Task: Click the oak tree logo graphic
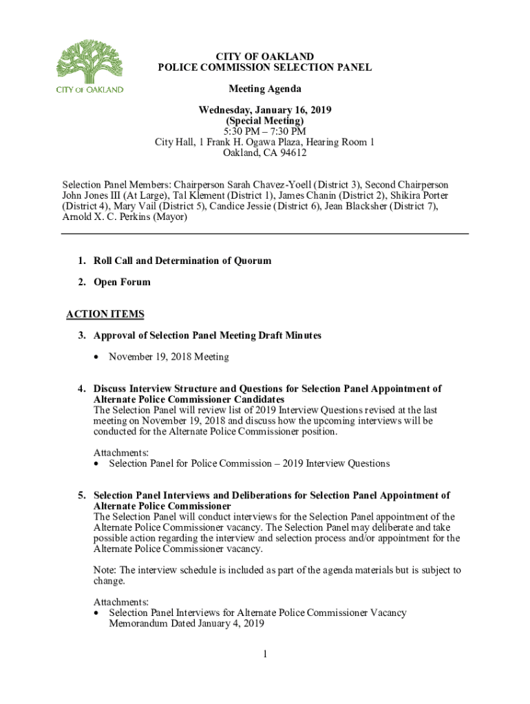click(x=89, y=61)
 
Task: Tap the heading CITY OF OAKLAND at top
click(x=265, y=56)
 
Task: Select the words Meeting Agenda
click(x=265, y=89)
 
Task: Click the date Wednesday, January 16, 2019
click(x=265, y=110)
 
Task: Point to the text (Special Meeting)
click(x=265, y=121)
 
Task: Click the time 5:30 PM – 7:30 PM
click(x=265, y=131)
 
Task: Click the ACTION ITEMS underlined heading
click(x=105, y=315)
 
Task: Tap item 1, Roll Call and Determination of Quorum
click(x=182, y=261)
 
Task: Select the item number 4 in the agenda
click(x=81, y=389)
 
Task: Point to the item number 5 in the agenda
click(x=81, y=496)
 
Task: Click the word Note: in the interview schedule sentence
click(x=105, y=571)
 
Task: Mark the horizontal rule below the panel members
click(x=265, y=234)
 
